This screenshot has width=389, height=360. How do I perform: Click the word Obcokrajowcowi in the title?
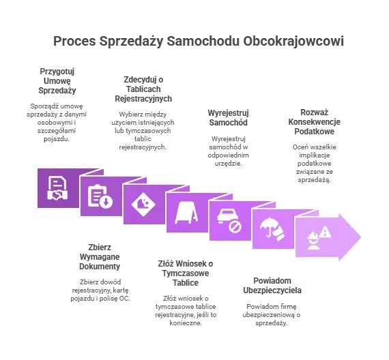293,41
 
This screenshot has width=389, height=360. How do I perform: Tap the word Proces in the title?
74,41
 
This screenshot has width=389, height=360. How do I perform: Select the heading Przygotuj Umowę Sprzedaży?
57,81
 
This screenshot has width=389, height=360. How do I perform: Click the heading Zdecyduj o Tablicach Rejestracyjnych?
143,89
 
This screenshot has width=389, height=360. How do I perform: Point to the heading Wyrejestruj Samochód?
228,118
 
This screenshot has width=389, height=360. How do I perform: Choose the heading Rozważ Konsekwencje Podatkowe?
315,122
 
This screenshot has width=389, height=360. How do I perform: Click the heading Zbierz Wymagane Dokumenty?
100,256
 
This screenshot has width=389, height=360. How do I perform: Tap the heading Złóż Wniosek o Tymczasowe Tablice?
186,273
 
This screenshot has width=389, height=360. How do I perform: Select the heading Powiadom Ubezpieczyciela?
272,286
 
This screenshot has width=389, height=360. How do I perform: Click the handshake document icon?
57,188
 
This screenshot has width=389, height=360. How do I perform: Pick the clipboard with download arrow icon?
100,196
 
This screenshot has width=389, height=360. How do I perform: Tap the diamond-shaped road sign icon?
143,204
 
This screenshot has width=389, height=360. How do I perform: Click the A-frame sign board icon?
186,213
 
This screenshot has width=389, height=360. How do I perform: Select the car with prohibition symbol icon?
229,220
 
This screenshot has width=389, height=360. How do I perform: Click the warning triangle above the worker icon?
325,232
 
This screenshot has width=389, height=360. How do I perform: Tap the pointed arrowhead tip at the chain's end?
361,237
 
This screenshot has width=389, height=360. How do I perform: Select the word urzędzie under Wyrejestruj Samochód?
228,164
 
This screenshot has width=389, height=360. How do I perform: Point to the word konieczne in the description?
186,322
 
